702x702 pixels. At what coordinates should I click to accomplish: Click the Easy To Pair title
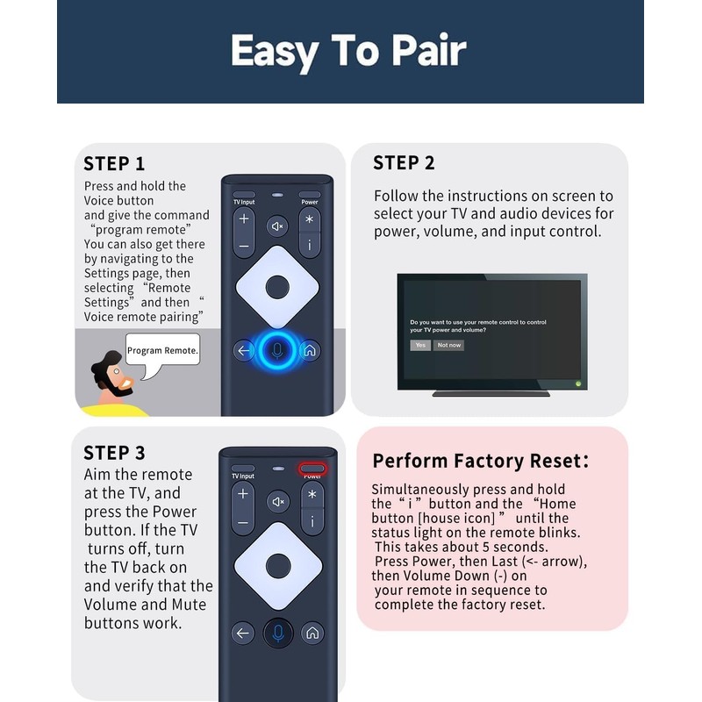pyautogui.click(x=349, y=53)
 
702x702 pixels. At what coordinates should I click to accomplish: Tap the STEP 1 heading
pyautogui.click(x=114, y=163)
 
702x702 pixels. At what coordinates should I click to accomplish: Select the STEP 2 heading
pyautogui.click(x=404, y=162)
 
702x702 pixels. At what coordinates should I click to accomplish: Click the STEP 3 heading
pyautogui.click(x=114, y=453)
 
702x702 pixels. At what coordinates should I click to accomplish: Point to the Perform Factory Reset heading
pyautogui.click(x=480, y=462)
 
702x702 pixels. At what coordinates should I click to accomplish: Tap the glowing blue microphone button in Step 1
pyautogui.click(x=277, y=350)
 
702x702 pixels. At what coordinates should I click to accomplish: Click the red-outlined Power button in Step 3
pyautogui.click(x=312, y=469)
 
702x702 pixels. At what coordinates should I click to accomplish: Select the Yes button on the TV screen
pyautogui.click(x=420, y=345)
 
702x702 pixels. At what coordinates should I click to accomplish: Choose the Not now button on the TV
pyautogui.click(x=448, y=345)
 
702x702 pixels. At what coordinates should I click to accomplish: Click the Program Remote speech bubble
pyautogui.click(x=163, y=351)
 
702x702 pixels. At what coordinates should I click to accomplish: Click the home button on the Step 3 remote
pyautogui.click(x=312, y=633)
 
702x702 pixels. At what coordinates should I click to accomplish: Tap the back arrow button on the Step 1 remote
pyautogui.click(x=244, y=350)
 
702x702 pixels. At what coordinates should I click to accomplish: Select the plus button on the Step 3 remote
pyautogui.click(x=243, y=494)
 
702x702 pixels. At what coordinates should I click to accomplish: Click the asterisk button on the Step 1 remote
pyautogui.click(x=310, y=219)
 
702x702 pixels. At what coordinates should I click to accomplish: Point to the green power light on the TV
pyautogui.click(x=577, y=383)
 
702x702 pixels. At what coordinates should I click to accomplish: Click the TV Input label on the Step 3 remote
pyautogui.click(x=243, y=476)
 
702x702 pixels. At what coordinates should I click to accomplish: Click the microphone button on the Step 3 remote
pyautogui.click(x=277, y=633)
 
